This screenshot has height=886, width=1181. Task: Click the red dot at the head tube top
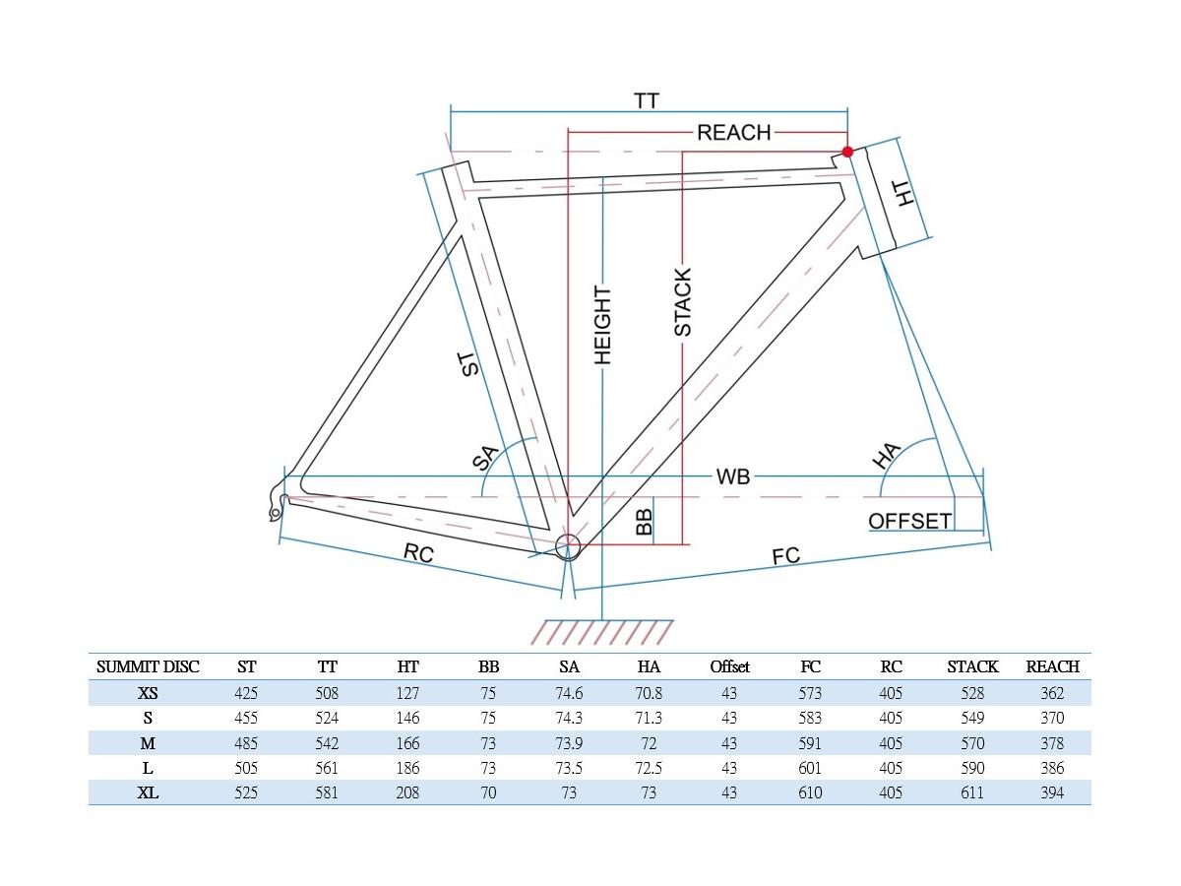(847, 152)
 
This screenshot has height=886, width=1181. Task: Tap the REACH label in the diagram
(734, 132)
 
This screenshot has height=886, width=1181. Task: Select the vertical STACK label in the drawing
(682, 302)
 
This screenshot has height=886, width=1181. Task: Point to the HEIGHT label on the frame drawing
(602, 326)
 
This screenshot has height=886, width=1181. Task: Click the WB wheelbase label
(733, 476)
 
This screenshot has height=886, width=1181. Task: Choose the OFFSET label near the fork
(909, 521)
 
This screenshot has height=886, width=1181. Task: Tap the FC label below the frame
(786, 556)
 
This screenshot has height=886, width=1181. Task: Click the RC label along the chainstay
(418, 552)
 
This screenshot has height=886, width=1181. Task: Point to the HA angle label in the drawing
(886, 455)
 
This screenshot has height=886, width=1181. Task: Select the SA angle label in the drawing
(486, 459)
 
